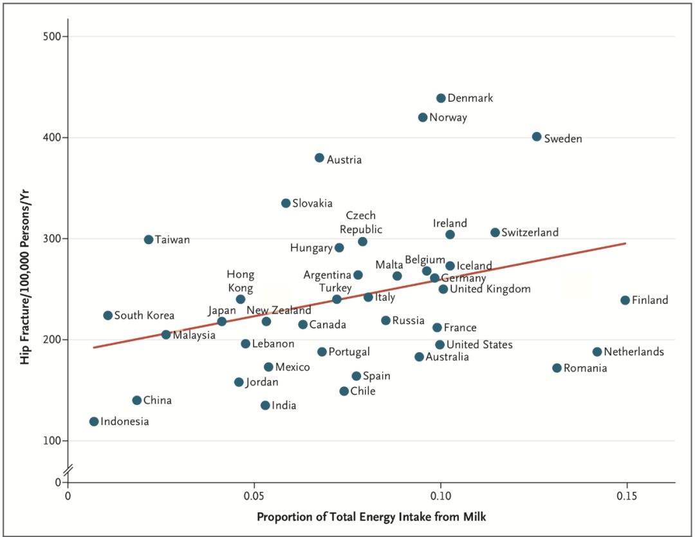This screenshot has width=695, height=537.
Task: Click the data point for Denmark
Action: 441,98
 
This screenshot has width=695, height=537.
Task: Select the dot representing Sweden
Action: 537,137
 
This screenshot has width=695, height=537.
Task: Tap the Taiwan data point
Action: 149,240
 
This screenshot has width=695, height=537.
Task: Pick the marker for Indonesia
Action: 94,422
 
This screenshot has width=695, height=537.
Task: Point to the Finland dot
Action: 625,300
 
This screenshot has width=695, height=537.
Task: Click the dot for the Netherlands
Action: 597,352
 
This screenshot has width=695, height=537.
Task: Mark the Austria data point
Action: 319,158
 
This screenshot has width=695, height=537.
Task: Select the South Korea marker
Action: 107,316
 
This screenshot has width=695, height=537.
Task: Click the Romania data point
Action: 557,368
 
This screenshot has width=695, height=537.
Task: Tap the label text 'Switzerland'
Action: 530,232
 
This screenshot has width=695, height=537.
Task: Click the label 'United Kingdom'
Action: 490,289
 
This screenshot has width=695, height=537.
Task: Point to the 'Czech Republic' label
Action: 361,223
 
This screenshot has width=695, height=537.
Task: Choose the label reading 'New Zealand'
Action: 279,310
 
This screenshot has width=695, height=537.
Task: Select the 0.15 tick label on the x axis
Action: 626,496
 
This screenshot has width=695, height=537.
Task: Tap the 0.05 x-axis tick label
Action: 254,496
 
